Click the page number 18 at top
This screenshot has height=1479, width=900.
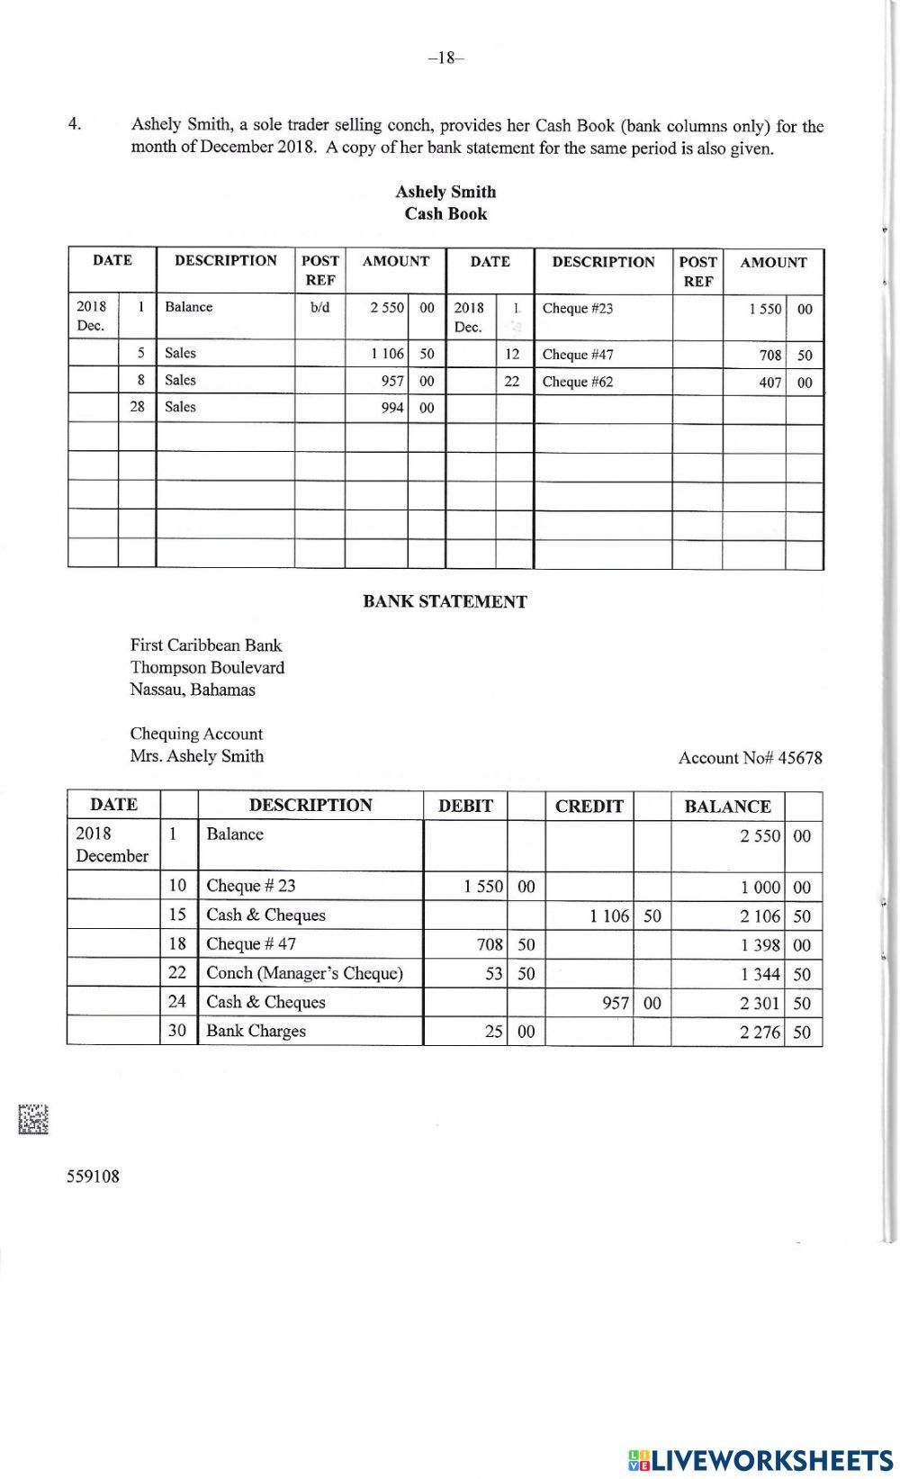click(x=445, y=59)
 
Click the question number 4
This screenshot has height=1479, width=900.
click(x=75, y=125)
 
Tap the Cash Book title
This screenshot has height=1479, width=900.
click(x=445, y=213)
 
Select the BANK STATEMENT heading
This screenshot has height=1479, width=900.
click(x=445, y=602)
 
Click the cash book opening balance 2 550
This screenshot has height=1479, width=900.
click(x=387, y=307)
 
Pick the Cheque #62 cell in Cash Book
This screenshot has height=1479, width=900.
click(x=578, y=382)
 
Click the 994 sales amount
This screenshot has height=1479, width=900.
click(x=392, y=408)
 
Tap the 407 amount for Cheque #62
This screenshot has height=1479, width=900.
click(x=769, y=383)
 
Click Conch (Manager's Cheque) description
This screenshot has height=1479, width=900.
click(x=304, y=973)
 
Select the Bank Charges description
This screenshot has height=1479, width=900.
click(x=256, y=1031)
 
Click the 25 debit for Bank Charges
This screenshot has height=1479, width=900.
click(x=493, y=1032)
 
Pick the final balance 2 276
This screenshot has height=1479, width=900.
click(x=760, y=1033)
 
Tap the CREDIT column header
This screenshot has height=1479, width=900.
click(x=589, y=807)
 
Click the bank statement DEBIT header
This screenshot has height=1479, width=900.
click(x=465, y=807)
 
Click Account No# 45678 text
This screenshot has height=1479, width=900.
click(x=750, y=758)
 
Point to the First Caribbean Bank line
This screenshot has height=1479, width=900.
click(x=206, y=645)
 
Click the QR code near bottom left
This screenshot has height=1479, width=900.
click(x=32, y=1119)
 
